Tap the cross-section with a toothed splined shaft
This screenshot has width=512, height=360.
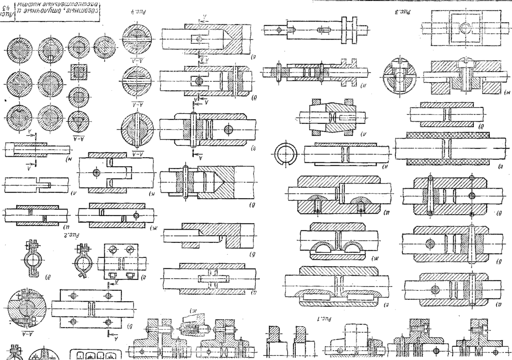tap(18, 49)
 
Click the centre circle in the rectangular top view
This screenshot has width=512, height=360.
tap(465, 28)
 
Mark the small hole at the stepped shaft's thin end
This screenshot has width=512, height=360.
tap(280, 30)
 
